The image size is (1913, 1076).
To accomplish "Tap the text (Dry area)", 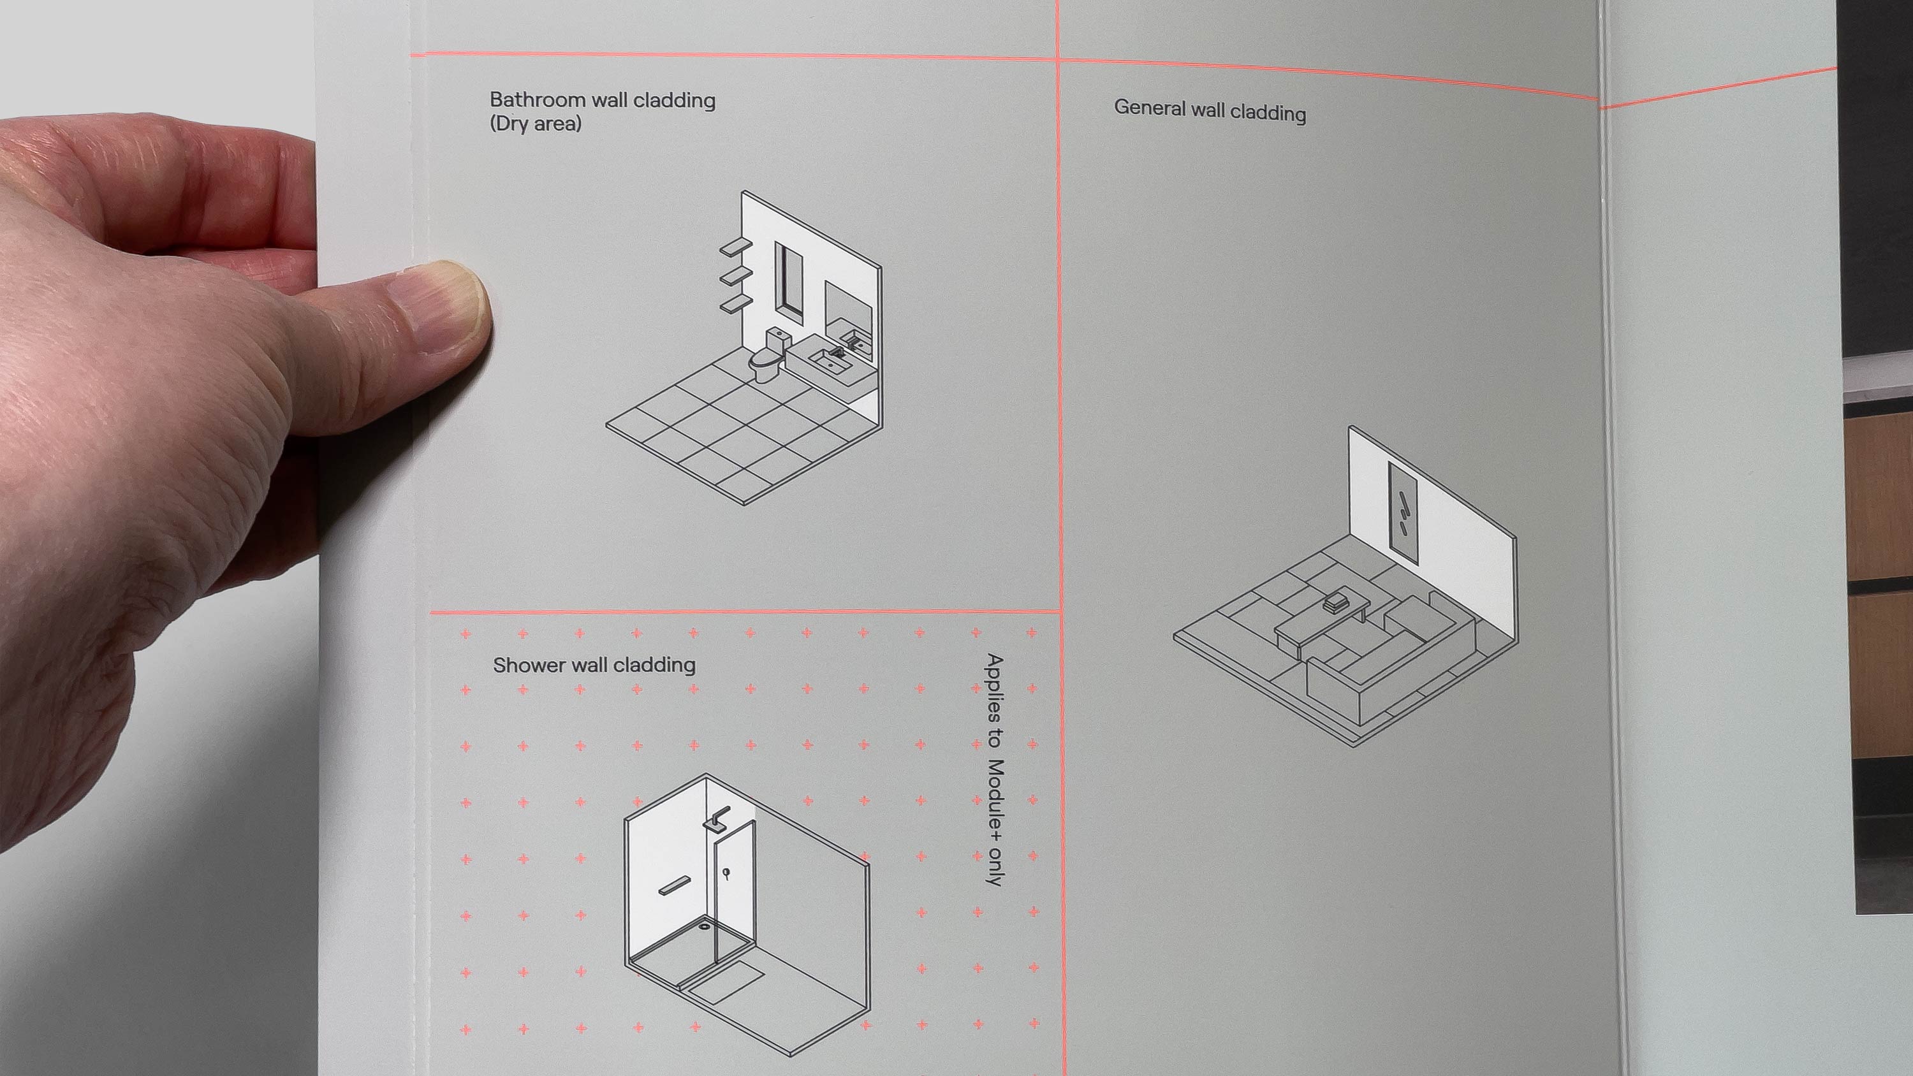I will point(535,123).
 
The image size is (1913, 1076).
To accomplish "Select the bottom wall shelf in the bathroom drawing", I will point(736,302).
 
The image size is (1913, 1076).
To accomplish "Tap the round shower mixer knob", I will point(726,873).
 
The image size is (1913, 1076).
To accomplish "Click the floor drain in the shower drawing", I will point(704,926).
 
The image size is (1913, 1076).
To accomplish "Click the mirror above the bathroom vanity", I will point(848,312).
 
